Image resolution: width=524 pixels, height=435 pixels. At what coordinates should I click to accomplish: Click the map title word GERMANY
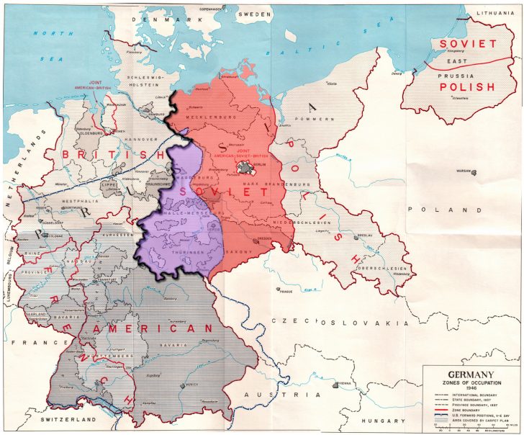461,374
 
